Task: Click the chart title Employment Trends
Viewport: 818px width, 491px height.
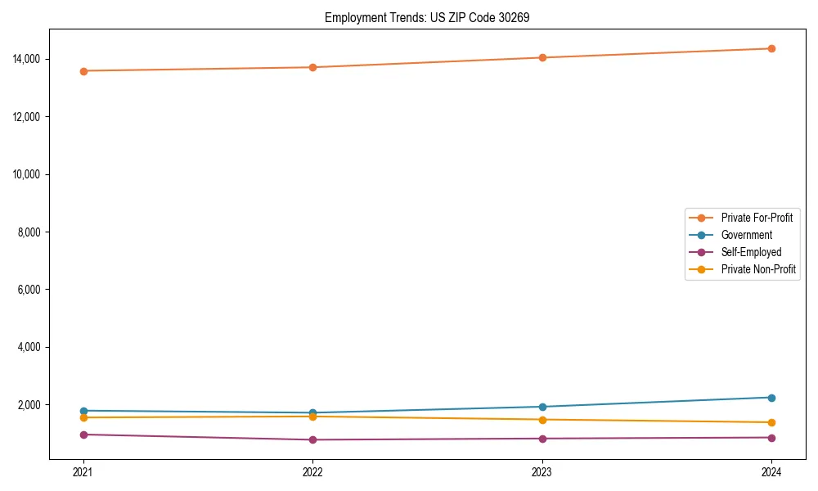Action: [427, 17]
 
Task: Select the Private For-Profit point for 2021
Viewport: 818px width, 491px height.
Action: [83, 71]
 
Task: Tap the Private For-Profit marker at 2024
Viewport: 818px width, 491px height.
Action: [771, 48]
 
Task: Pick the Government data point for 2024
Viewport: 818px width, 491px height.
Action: [771, 398]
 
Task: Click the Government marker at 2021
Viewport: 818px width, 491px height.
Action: [83, 411]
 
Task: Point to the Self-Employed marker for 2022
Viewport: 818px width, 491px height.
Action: [312, 439]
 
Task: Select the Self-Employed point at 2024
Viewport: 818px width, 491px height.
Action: [771, 437]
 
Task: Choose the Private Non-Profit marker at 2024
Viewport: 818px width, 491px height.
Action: [771, 422]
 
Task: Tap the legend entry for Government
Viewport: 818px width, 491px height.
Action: [746, 235]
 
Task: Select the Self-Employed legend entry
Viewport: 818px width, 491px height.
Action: [751, 252]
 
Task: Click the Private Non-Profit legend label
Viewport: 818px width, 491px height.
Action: [758, 269]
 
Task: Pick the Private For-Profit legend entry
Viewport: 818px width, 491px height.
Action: [756, 218]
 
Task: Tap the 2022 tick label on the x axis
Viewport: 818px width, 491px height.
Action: [312, 471]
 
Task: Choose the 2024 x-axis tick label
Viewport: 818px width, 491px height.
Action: [771, 471]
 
